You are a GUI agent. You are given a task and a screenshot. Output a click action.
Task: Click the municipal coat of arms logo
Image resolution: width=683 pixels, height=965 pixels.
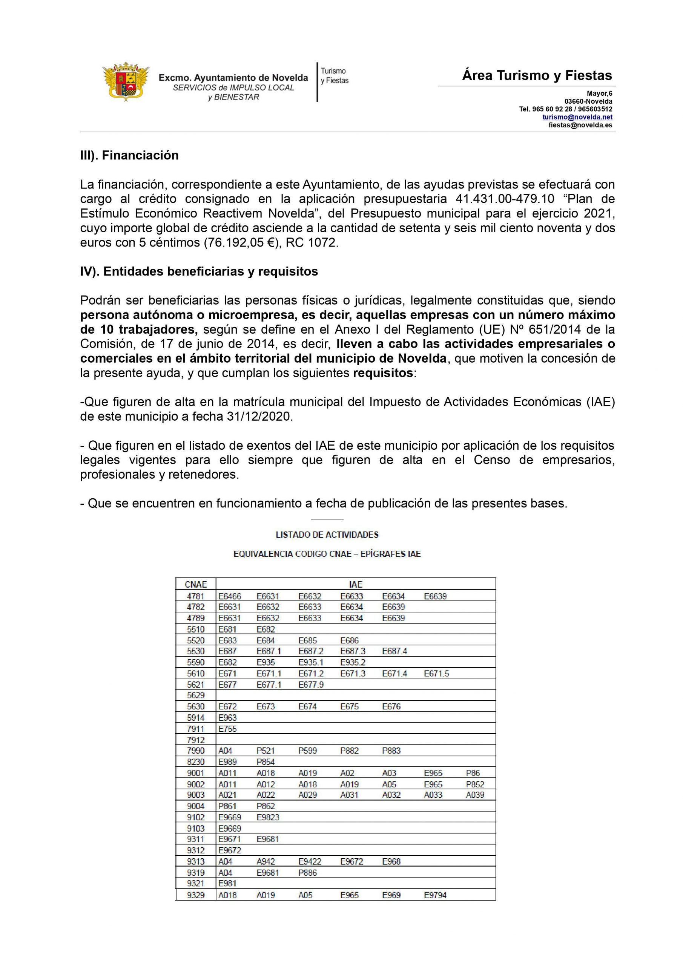coord(126,81)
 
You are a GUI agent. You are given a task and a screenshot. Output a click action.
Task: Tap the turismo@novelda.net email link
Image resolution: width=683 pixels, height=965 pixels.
coord(577,117)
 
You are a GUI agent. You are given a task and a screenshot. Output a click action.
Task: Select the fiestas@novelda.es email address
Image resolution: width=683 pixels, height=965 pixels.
coord(580,125)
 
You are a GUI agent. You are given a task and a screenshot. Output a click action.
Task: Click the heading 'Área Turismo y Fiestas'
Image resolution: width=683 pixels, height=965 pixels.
coord(537,76)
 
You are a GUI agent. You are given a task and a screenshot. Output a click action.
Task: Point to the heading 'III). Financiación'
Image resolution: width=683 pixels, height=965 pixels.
coord(129,155)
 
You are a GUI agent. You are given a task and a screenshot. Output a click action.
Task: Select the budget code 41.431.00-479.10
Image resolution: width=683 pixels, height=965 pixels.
coord(505,199)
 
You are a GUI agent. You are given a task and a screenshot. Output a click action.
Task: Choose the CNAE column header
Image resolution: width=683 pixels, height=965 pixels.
coord(196,584)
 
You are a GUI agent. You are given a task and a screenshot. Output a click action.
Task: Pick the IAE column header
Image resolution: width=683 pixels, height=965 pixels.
coord(355,584)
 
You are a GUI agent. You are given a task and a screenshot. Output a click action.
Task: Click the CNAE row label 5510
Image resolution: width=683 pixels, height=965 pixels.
coord(196,629)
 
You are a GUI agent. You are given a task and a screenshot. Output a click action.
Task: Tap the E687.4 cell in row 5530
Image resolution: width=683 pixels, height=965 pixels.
coord(394,651)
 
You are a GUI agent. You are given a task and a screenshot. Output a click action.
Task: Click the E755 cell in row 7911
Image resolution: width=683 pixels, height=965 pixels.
coord(227,729)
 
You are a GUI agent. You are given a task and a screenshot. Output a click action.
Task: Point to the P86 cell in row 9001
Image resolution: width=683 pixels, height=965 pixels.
coord(473,773)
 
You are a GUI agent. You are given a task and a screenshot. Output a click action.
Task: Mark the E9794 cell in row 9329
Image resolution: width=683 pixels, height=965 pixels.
coord(435,895)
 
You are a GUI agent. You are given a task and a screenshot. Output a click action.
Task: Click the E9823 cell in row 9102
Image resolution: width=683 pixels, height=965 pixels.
coord(267,817)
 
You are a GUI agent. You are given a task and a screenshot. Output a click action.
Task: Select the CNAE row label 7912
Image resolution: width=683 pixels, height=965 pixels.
coord(196,740)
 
